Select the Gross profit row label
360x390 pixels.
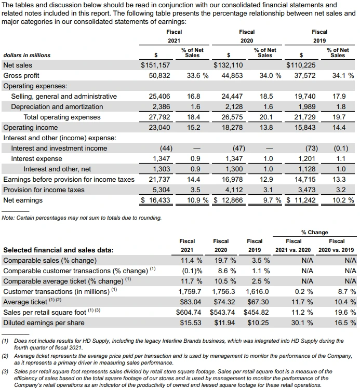[x=21, y=76]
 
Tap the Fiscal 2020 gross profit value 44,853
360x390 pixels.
[x=232, y=76]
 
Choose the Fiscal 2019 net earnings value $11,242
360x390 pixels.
[x=301, y=200]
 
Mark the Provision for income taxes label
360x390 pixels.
[x=44, y=190]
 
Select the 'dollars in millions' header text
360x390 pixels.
[x=27, y=55]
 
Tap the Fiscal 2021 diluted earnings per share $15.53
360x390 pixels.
[x=191, y=322]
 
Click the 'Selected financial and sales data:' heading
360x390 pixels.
[x=58, y=250]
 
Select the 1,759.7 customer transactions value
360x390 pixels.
[x=190, y=291]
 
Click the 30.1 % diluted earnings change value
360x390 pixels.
[x=303, y=322]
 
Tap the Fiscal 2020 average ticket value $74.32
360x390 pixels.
[x=224, y=302]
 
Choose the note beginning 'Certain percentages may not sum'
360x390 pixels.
[x=82, y=218]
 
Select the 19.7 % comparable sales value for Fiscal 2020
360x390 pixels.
[x=225, y=260]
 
